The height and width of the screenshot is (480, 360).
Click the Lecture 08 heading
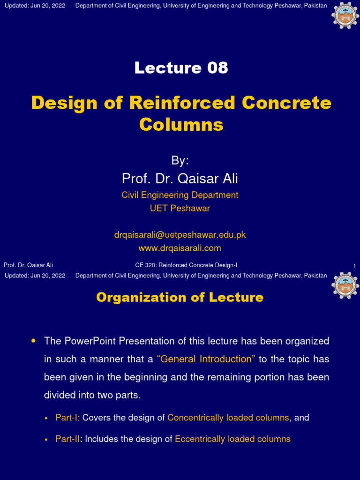tap(181, 68)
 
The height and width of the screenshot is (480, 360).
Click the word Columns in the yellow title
tap(181, 125)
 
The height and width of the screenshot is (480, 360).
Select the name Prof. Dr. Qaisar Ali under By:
tap(180, 178)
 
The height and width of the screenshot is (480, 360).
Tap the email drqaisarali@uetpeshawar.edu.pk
tap(180, 234)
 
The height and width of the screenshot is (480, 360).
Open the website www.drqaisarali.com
tap(180, 248)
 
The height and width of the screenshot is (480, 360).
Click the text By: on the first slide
tap(180, 161)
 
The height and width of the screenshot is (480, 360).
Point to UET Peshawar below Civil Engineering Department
tap(180, 208)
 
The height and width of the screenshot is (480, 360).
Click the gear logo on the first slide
tap(345, 15)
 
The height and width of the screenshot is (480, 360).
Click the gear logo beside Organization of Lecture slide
tap(345, 285)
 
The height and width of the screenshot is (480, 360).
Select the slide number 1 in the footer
tap(354, 266)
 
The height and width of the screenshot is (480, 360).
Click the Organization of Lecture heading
tap(180, 297)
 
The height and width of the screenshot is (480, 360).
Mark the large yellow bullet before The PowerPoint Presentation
tap(33, 341)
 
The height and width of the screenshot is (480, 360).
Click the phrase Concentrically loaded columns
tap(228, 417)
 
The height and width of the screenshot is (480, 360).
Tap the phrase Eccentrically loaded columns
tap(232, 439)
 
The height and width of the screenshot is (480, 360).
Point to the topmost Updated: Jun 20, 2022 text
tap(35, 6)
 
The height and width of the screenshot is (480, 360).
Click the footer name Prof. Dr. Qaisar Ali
tap(28, 265)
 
